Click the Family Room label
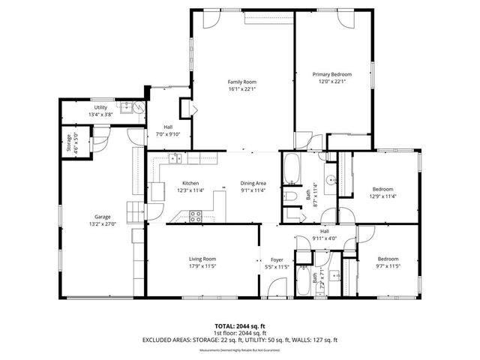[x=242, y=82]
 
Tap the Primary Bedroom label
[x=331, y=74]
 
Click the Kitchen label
[x=189, y=183]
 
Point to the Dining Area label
[x=253, y=183]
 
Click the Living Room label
[x=202, y=259]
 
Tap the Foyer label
[x=277, y=259]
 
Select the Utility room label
[x=100, y=108]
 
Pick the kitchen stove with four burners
[x=195, y=217]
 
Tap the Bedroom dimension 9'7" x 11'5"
[x=388, y=265]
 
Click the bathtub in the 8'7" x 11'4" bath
[x=290, y=169]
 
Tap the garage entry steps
[x=133, y=212]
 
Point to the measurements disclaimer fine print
[x=240, y=349]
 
